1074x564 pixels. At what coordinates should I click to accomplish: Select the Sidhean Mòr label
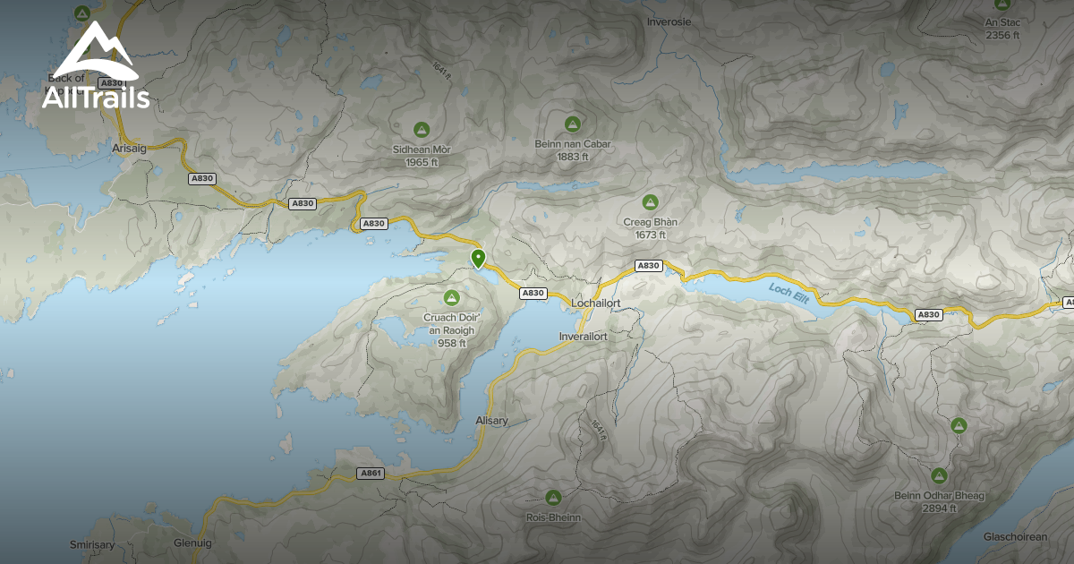pyautogui.click(x=422, y=149)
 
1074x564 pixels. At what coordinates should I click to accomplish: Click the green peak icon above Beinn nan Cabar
pyautogui.click(x=572, y=124)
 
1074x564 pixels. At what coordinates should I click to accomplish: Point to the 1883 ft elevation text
pyautogui.click(x=572, y=157)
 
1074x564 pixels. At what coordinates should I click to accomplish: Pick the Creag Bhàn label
pyautogui.click(x=650, y=221)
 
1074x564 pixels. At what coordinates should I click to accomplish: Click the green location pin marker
pyautogui.click(x=478, y=259)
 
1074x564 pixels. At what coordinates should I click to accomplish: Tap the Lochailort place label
pyautogui.click(x=595, y=303)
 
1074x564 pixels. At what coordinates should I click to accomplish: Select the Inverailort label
pyautogui.click(x=584, y=337)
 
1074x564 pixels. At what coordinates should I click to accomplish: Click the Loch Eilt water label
pyautogui.click(x=788, y=293)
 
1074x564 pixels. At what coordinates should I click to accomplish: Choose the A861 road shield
pyautogui.click(x=371, y=473)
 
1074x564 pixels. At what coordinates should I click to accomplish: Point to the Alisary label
pyautogui.click(x=492, y=421)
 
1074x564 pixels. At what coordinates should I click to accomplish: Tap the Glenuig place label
pyautogui.click(x=192, y=543)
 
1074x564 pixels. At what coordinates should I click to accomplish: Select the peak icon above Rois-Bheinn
pyautogui.click(x=553, y=497)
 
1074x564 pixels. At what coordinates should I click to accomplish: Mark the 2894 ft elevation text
pyautogui.click(x=938, y=508)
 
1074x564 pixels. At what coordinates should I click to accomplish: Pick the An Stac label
pyautogui.click(x=1002, y=23)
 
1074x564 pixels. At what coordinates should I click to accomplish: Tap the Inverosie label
pyautogui.click(x=669, y=21)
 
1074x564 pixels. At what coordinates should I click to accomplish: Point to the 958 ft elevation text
pyautogui.click(x=452, y=343)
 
